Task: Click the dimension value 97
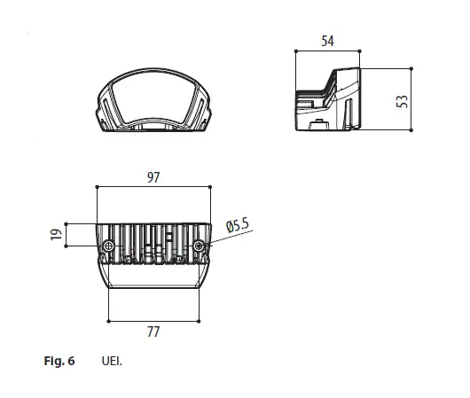click(x=153, y=177)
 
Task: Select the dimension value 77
click(x=153, y=332)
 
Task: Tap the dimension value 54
click(x=328, y=41)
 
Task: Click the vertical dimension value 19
click(x=54, y=235)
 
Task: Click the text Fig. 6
click(x=59, y=361)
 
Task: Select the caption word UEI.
click(x=112, y=361)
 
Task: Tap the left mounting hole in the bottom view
click(x=108, y=245)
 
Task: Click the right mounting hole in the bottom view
click(x=200, y=245)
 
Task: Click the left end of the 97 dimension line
click(x=96, y=188)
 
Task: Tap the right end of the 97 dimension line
click(x=211, y=188)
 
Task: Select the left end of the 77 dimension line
click(x=107, y=320)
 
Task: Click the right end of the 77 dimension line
click(x=200, y=320)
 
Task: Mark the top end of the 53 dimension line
click(x=413, y=68)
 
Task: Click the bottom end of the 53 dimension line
click(x=413, y=131)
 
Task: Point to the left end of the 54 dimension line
click(x=294, y=51)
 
